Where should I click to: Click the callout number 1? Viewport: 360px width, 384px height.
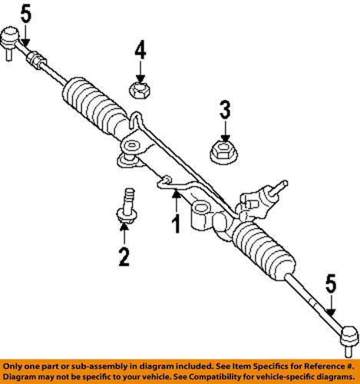click(x=175, y=225)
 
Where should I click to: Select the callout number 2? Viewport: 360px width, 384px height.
click(x=124, y=257)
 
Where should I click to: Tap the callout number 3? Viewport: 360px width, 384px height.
click(x=224, y=110)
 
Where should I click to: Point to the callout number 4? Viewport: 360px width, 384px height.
click(x=139, y=52)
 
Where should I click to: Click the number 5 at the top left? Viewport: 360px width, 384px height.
click(x=26, y=12)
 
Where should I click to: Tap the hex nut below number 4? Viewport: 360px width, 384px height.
click(x=139, y=91)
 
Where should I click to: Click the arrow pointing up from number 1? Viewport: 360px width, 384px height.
click(x=175, y=203)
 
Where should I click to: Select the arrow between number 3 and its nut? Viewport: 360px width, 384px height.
click(x=224, y=128)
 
